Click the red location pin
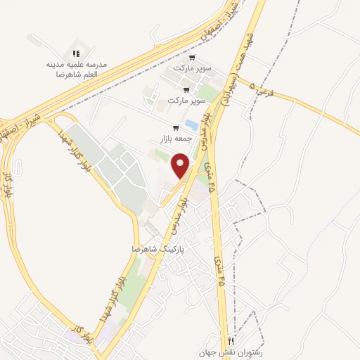(181, 165)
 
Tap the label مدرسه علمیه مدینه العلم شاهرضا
(77, 69)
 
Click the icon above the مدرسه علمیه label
(77, 53)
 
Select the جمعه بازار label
(166, 139)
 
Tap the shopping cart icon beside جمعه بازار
(175, 128)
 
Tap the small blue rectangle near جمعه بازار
(191, 125)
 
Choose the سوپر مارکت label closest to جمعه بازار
(185, 101)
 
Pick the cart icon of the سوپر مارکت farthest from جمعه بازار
(191, 59)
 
